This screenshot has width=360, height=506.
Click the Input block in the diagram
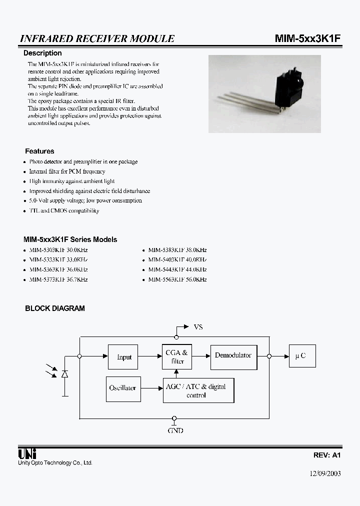pos(123,356)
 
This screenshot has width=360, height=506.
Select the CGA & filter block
pos(176,356)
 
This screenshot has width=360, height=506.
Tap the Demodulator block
pos(233,355)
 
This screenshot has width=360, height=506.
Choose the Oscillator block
pos(122,388)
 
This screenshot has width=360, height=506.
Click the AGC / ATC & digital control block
pos(198,390)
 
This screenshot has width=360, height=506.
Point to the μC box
pos(301,355)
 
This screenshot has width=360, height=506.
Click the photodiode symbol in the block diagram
pos(64,373)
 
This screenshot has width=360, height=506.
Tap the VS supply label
pos(198,327)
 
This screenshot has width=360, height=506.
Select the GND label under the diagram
pos(175,430)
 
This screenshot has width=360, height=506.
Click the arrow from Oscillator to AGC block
pos(151,388)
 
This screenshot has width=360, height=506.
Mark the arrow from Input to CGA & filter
pos(149,356)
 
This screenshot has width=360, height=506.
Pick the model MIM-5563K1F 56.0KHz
pos(177,279)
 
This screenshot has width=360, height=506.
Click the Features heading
pos(39,151)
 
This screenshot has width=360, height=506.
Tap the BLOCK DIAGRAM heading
pos(55,308)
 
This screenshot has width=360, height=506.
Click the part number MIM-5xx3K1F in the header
pos(307,38)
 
